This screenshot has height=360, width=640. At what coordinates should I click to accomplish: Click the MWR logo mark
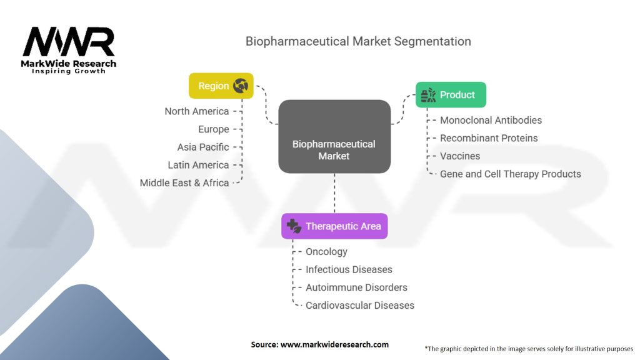pos(69,42)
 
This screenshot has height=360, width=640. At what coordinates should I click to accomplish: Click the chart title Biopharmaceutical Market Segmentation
pos(358,41)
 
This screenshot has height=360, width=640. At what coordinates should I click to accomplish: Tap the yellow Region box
pos(221,86)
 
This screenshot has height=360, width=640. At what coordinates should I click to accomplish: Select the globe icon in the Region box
pos(241,86)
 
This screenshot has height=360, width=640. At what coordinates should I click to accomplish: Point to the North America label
pos(197,111)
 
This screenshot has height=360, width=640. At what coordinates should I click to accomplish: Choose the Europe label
pos(214,129)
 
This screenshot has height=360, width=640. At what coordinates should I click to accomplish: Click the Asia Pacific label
pos(203,147)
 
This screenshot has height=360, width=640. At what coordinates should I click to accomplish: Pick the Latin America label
pos(198,165)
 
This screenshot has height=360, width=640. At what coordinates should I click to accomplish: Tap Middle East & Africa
pos(184,183)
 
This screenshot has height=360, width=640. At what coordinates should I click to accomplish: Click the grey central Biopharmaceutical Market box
pos(334,136)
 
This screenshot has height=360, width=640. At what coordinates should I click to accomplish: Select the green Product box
pos(451,95)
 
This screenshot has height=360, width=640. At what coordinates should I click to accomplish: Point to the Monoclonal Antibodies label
pos(491,120)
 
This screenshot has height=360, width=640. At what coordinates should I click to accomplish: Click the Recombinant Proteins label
pos(489,138)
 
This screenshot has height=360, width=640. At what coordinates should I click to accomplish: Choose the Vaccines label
pos(459,156)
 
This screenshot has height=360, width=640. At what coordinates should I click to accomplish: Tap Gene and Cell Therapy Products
pos(510,174)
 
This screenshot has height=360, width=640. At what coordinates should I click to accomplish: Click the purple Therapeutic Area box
pos(334,226)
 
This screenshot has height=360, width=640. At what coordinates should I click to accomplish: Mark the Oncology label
pos(326,251)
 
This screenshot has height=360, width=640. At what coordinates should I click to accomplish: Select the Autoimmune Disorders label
pos(356,287)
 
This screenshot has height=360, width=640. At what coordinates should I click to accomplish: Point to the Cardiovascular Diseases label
pos(359,305)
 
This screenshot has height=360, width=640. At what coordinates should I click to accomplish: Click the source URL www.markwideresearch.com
pos(334,344)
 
